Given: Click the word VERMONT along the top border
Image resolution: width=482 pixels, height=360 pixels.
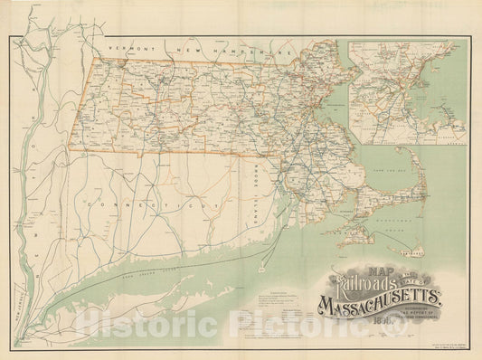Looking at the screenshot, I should pos(127,45).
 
